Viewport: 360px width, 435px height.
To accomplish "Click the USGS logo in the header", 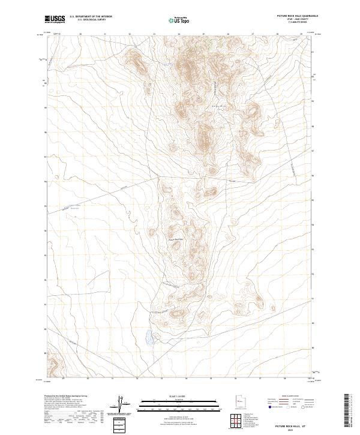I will [x=55, y=19].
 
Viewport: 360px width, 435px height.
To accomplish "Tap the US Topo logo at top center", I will [x=181, y=19].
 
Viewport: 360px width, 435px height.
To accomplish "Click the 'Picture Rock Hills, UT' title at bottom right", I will [x=290, y=425].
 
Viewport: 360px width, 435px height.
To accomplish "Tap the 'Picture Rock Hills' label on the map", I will [x=178, y=239].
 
